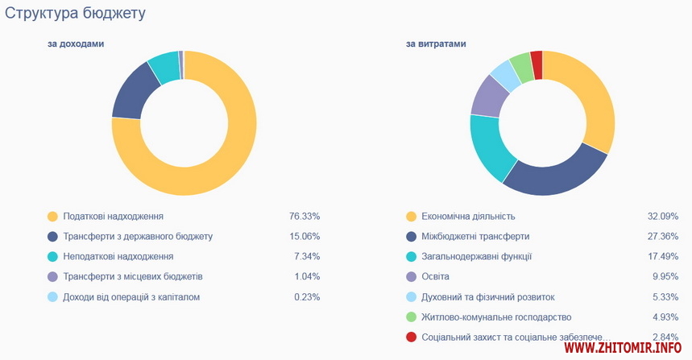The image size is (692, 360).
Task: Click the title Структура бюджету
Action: (x=75, y=14)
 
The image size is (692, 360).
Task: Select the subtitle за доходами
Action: (x=75, y=43)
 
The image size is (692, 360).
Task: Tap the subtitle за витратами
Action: (x=436, y=43)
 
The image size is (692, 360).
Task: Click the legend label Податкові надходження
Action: (x=113, y=217)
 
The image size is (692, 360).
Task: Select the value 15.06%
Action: (x=305, y=236)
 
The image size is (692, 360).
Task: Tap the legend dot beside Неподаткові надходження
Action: (x=52, y=256)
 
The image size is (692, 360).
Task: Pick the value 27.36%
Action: (x=663, y=236)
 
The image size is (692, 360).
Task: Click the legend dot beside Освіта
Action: (x=411, y=276)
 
